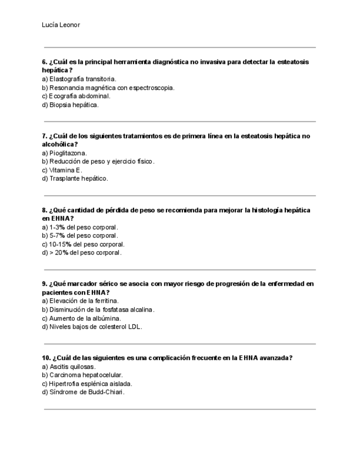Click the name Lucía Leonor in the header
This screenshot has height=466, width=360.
click(x=60, y=25)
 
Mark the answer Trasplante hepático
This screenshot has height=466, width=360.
click(x=75, y=179)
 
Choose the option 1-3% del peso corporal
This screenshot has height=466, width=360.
click(x=80, y=227)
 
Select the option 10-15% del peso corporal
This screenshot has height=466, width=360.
click(x=83, y=244)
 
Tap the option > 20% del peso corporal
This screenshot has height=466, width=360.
click(x=81, y=253)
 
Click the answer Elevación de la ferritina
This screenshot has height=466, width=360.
click(x=80, y=301)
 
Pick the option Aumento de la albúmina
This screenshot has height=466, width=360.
click(x=81, y=318)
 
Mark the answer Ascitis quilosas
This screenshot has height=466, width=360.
click(x=68, y=367)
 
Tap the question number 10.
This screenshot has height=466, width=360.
click(x=46, y=358)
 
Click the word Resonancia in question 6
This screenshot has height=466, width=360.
click(x=66, y=88)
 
